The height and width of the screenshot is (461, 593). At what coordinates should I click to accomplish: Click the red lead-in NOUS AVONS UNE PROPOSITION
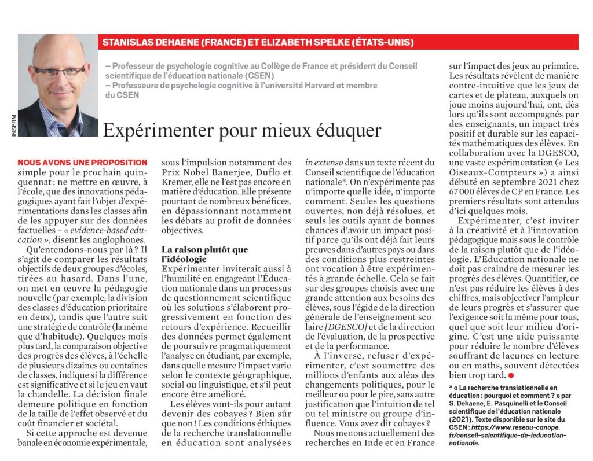82,163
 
